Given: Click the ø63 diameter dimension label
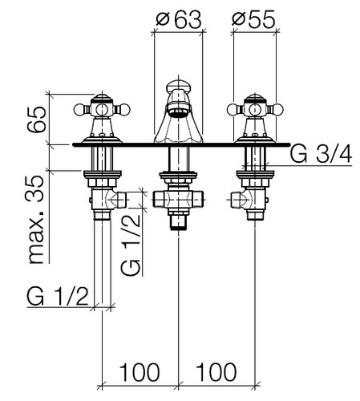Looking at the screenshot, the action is [x=178, y=19].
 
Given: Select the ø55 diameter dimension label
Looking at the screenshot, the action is [x=253, y=19].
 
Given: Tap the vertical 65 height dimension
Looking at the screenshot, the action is [x=37, y=119].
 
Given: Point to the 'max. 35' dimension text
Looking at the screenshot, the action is [x=36, y=220].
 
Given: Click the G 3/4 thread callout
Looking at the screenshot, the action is [x=321, y=155].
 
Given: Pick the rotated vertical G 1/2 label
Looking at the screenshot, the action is [x=131, y=244].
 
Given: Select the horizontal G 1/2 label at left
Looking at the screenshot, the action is [x=58, y=298].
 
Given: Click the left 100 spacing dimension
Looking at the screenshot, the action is [x=140, y=372].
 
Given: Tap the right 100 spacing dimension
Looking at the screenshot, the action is [x=216, y=372].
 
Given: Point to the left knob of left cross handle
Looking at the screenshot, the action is [x=79, y=109].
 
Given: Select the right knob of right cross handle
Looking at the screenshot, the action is [x=277, y=109].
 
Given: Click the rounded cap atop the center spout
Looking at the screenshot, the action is [x=179, y=85].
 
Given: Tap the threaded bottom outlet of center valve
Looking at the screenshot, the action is [x=179, y=223].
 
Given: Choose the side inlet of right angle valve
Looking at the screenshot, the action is [x=238, y=200].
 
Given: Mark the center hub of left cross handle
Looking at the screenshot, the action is [x=102, y=109].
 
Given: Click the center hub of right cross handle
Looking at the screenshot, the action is [x=255, y=109].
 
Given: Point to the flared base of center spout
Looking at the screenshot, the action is [x=178, y=135].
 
